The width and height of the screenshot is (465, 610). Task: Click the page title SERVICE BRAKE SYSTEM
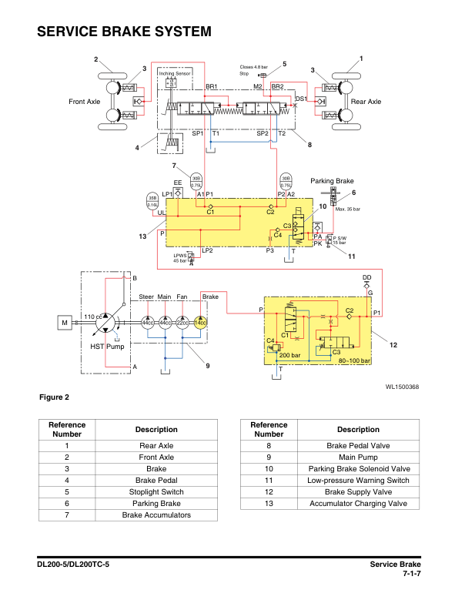coord(124,32)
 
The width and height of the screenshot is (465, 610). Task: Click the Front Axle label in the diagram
coord(84,102)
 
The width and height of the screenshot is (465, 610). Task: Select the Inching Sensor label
coord(174,74)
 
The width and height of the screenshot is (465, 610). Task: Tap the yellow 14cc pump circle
coord(199,322)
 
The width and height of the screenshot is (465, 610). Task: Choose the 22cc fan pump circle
coord(182,322)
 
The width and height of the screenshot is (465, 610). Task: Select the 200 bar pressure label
coord(289,355)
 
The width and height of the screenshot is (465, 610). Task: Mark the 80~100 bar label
coord(355,360)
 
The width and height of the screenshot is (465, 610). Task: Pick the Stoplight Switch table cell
coord(156,491)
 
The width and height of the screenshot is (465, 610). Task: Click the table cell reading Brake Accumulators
coord(156,514)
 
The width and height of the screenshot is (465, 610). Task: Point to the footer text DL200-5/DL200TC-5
coord(73,565)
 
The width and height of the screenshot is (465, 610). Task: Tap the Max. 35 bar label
coord(347,209)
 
